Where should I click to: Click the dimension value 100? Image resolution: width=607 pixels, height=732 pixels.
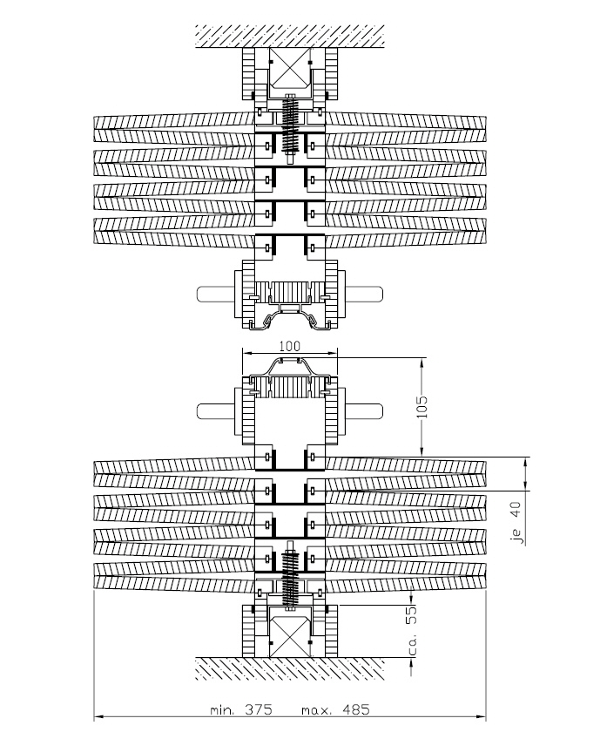click(290, 347)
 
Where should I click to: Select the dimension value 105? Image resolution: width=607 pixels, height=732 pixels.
click(422, 407)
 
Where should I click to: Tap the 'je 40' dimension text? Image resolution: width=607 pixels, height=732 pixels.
click(516, 523)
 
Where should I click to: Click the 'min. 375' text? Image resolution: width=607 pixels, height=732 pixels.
click(240, 710)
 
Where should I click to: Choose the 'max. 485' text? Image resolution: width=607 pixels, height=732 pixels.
click(335, 710)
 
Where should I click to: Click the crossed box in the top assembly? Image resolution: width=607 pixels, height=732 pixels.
click(289, 68)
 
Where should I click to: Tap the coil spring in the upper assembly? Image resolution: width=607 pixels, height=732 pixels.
click(290, 125)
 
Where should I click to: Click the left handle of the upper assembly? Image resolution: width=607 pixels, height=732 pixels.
click(219, 294)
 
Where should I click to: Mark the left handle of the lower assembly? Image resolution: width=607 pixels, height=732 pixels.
click(219, 410)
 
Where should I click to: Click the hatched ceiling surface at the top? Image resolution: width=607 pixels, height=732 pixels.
click(290, 37)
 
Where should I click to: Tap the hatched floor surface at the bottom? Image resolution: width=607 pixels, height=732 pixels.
click(290, 668)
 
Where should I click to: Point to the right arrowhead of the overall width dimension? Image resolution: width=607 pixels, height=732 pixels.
click(482, 715)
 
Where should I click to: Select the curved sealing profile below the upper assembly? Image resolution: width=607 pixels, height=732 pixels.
click(290, 319)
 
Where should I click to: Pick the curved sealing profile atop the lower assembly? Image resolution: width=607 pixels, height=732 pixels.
click(290, 369)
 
